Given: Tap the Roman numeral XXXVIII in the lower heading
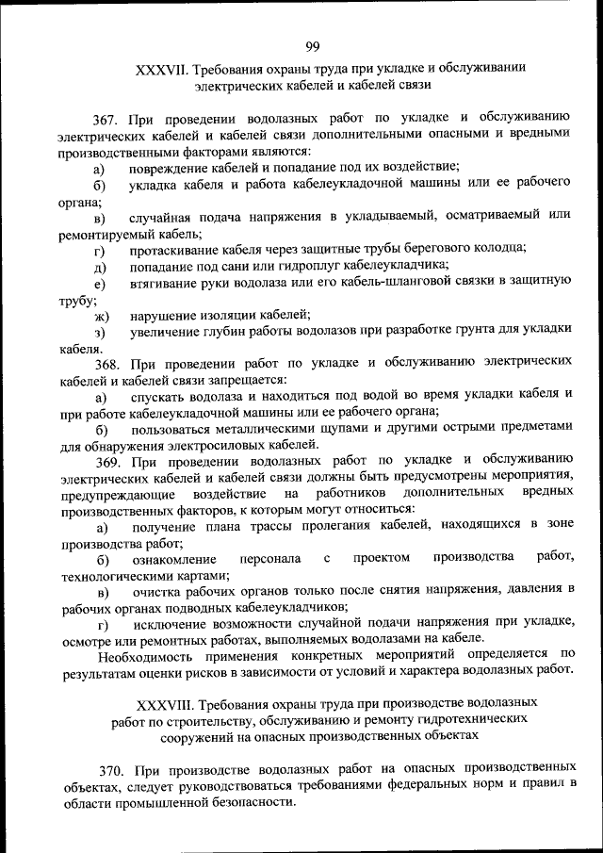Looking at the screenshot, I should [167, 702].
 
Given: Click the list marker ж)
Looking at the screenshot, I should [101, 314].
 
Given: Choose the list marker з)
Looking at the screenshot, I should [99, 331].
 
